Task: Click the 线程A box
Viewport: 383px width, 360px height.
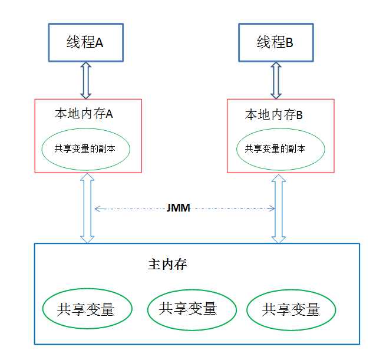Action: (x=85, y=43)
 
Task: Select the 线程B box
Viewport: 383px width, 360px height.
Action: (x=276, y=43)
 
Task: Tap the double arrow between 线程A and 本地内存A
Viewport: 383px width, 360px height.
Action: (x=85, y=80)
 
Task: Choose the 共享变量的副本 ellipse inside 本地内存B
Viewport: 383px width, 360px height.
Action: (x=280, y=148)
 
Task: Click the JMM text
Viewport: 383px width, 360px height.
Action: (x=177, y=208)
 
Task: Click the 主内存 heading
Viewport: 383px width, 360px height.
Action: (x=167, y=265)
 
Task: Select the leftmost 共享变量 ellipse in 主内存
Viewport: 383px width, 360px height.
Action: (x=86, y=309)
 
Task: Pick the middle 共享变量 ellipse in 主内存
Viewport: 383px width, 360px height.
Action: (x=188, y=308)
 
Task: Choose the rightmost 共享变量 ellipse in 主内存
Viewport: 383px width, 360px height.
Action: (x=291, y=309)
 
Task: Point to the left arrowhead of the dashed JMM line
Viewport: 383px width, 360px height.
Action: (x=97, y=208)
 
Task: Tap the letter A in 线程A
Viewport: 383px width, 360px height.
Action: (x=100, y=43)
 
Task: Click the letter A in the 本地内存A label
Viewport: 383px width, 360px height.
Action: (x=109, y=114)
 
